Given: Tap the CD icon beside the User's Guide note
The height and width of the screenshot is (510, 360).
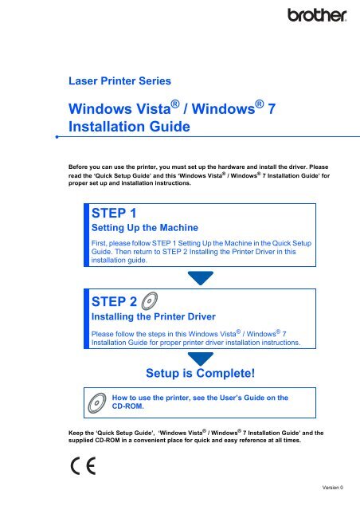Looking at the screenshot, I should coord(93,402).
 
